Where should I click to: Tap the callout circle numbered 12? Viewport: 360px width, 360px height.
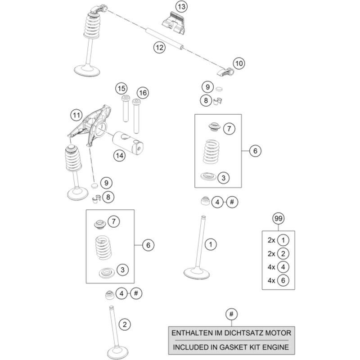click(x=157, y=47)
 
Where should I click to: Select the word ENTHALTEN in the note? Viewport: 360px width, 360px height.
click(x=194, y=334)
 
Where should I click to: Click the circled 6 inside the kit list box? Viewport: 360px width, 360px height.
click(x=282, y=280)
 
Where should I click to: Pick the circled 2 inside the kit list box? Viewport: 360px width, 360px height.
click(x=282, y=253)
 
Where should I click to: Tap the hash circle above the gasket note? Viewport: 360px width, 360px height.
click(x=231, y=314)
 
